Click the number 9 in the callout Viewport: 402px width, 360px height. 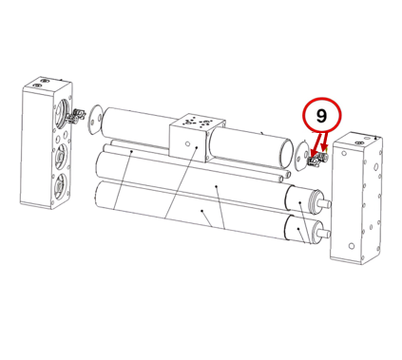pyautogui.click(x=321, y=116)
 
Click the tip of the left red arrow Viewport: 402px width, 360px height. pyautogui.click(x=312, y=156)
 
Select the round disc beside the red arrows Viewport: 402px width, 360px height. pyautogui.click(x=301, y=156)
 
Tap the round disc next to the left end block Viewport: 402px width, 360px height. pyautogui.click(x=95, y=120)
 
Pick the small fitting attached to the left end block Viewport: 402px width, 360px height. pyautogui.click(x=77, y=116)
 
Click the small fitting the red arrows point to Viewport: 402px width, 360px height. pyautogui.click(x=317, y=159)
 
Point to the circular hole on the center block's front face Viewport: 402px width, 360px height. pyautogui.click(x=187, y=144)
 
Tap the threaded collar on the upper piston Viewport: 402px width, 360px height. pyautogui.click(x=315, y=201)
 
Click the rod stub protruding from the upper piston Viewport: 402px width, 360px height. pyautogui.click(x=326, y=203)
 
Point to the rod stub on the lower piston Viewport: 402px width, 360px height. pyautogui.click(x=325, y=234)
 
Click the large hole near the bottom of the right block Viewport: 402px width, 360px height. pyautogui.click(x=351, y=245)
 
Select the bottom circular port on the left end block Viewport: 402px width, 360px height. pyautogui.click(x=59, y=187)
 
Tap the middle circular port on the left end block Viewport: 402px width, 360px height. pyautogui.click(x=60, y=156)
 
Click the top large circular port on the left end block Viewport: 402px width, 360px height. pyautogui.click(x=62, y=112)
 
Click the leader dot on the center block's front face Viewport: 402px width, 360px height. pyautogui.click(x=197, y=147)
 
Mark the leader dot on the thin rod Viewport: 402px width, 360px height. pyautogui.click(x=132, y=151)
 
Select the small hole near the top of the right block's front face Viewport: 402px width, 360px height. pyautogui.click(x=344, y=153)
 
